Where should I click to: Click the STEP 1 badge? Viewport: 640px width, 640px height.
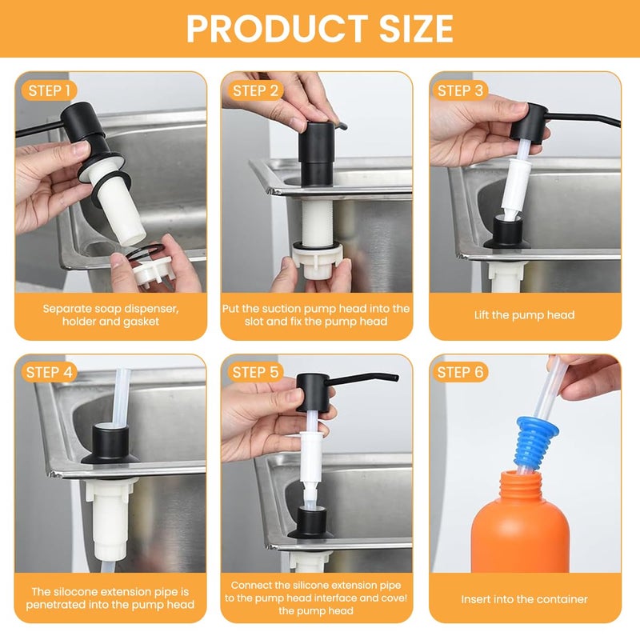click(49, 90)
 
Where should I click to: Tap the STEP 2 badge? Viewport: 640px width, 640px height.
click(255, 90)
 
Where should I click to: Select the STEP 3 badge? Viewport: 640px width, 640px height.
click(461, 90)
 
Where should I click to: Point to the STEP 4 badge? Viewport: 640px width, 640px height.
click(49, 372)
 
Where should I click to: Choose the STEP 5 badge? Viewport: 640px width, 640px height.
click(255, 372)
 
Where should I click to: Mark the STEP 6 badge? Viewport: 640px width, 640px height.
click(461, 372)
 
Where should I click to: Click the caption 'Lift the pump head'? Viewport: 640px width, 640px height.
click(524, 315)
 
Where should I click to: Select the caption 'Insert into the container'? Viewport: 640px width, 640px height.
click(524, 598)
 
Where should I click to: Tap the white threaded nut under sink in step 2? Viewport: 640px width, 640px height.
click(318, 260)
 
